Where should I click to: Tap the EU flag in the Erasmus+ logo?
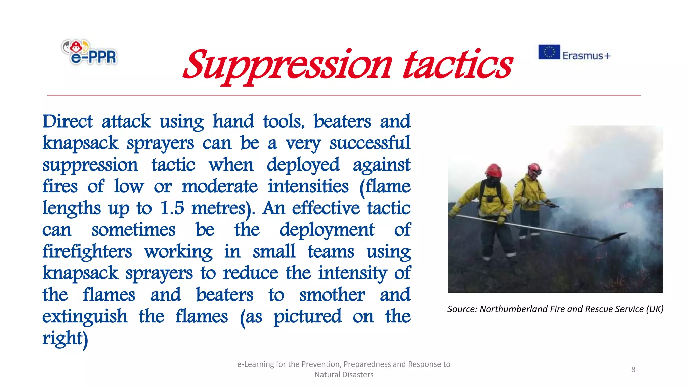pyautogui.click(x=549, y=52)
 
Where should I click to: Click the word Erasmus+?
pyautogui.click(x=587, y=55)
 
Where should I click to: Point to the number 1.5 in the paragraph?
pyautogui.click(x=172, y=208)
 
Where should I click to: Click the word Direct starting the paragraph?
pyautogui.click(x=68, y=121)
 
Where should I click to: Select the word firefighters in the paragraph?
pyautogui.click(x=87, y=252)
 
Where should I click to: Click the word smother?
pyautogui.click(x=332, y=295)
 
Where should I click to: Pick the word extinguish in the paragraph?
pyautogui.click(x=85, y=317)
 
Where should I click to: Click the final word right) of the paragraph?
pyautogui.click(x=65, y=338)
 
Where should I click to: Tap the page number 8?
pyautogui.click(x=633, y=369)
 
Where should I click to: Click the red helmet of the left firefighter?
pyautogui.click(x=493, y=170)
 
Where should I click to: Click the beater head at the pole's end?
pyautogui.click(x=613, y=236)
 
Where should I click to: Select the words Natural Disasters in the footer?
pyautogui.click(x=344, y=375)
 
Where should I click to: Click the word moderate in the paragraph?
pyautogui.click(x=220, y=186)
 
